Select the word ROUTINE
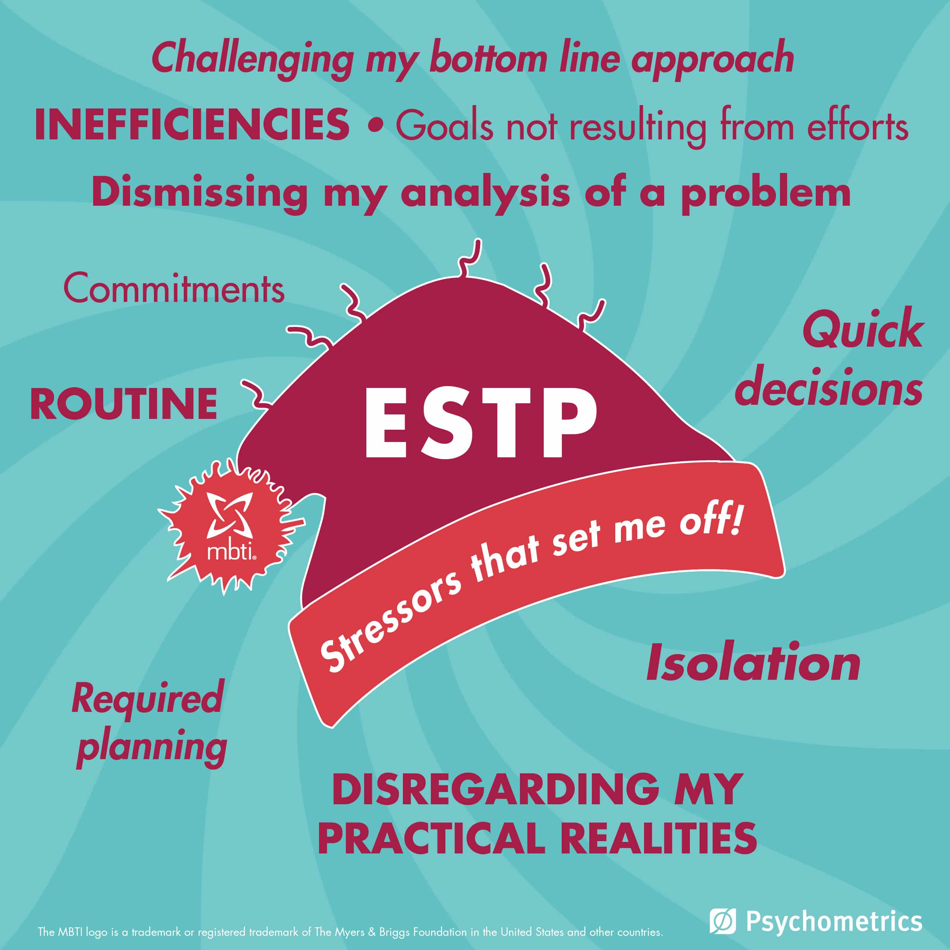(124, 403)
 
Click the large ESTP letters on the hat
(480, 422)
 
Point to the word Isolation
(753, 663)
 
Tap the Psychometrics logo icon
(722, 921)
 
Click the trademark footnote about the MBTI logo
(351, 931)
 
